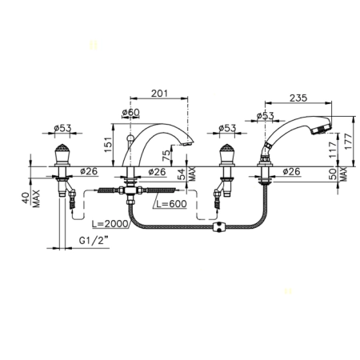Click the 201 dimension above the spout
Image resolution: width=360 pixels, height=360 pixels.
[160, 94]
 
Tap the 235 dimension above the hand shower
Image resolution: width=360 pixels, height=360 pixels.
[298, 98]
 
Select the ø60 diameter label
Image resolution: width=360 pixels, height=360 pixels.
[130, 113]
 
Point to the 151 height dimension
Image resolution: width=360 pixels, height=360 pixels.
[108, 145]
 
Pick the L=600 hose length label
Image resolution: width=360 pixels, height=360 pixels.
[171, 204]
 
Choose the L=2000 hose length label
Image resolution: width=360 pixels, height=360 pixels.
[110, 224]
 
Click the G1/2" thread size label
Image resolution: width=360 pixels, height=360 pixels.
[94, 241]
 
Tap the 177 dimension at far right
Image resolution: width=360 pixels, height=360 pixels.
[349, 142]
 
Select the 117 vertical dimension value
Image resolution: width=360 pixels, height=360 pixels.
[333, 150]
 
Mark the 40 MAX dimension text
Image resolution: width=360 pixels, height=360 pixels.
[30, 198]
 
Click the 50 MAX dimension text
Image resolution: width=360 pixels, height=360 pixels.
[339, 174]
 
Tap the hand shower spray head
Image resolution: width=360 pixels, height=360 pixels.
[321, 127]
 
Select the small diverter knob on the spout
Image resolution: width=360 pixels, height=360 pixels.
[130, 138]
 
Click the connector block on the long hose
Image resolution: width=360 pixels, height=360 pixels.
[219, 227]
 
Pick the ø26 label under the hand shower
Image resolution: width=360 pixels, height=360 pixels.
[291, 171]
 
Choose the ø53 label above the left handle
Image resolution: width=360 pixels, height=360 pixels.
[62, 128]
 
